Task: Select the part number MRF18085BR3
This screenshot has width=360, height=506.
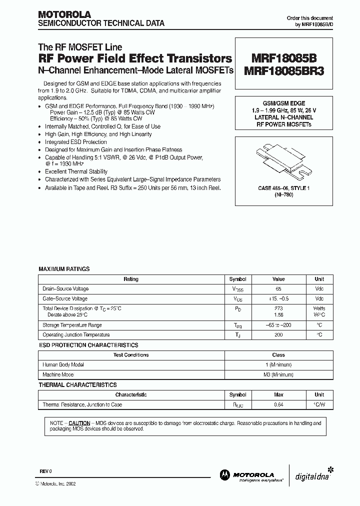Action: point(283,70)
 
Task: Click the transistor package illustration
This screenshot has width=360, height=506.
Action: point(283,162)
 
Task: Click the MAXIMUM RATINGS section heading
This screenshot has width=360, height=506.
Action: point(64,269)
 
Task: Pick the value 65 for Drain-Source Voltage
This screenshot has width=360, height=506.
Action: point(278,289)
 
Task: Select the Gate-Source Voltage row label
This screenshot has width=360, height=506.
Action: point(65,298)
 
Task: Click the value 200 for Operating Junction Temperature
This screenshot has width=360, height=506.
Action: point(278,334)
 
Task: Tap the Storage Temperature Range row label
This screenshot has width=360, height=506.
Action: point(72,325)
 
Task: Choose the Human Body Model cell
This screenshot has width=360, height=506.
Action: point(63,365)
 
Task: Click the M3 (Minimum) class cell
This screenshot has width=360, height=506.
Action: point(278,374)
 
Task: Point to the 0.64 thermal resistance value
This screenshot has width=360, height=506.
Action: point(278,404)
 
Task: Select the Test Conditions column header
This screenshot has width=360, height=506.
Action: point(131,355)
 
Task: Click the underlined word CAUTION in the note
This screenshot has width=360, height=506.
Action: point(79,422)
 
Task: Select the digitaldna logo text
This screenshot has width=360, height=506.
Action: point(308,476)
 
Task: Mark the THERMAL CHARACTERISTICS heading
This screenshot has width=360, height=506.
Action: point(77,385)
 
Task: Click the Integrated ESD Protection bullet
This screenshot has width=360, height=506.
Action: point(76,142)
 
